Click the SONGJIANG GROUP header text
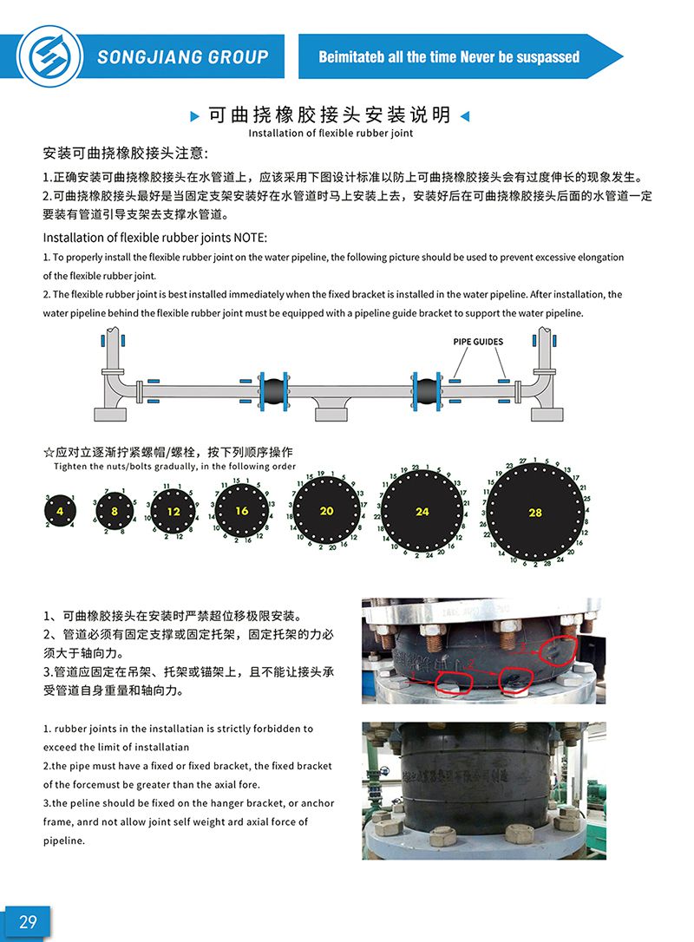click(183, 57)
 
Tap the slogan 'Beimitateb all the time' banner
click(448, 57)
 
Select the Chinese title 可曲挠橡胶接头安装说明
click(329, 114)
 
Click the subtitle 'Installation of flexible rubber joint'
click(331, 134)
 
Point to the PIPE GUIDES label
click(478, 342)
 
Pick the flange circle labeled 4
click(61, 512)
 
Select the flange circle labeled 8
click(114, 512)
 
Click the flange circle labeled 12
click(173, 512)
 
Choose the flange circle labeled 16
click(241, 511)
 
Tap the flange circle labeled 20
click(326, 512)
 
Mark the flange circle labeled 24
click(422, 512)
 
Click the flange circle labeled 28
click(534, 513)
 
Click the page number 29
click(28, 921)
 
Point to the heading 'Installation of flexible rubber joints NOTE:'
click(155, 238)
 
